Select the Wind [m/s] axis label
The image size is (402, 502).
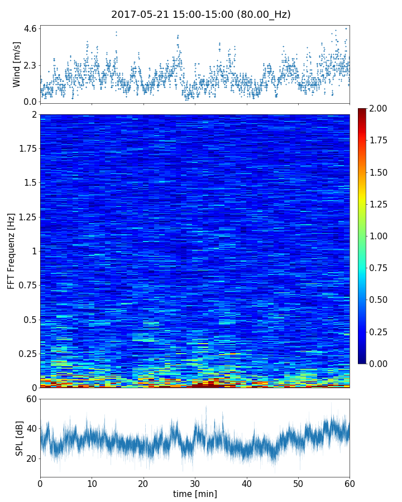tap(17, 64)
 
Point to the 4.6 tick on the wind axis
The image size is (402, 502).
tap(30, 28)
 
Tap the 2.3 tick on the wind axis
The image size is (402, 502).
tap(30, 65)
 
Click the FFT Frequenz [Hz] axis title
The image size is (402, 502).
tap(11, 250)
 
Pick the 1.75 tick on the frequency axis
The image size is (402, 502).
tap(26, 149)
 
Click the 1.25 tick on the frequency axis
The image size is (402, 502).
tap(26, 217)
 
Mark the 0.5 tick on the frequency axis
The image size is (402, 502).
tap(29, 320)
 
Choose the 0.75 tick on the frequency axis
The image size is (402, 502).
tap(26, 286)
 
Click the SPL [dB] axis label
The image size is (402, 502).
tap(20, 438)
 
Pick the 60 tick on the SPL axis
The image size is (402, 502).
tap(31, 399)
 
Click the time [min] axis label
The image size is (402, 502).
tap(195, 494)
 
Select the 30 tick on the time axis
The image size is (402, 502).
tap(195, 482)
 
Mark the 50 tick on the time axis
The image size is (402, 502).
tap(298, 482)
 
